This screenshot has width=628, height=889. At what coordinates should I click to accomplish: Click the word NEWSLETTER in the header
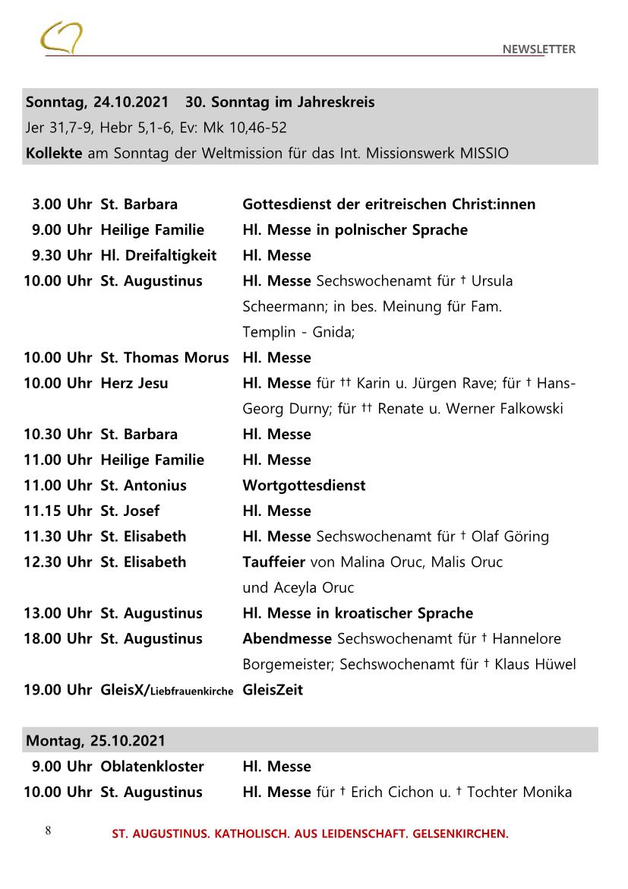pos(538,49)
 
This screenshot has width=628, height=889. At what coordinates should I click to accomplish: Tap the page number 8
pos(48,830)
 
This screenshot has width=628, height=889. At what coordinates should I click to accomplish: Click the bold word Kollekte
pos(55,153)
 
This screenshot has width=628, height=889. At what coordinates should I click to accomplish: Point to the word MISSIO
pos(484,153)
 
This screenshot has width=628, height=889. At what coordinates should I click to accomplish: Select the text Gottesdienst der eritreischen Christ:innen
pos(388,204)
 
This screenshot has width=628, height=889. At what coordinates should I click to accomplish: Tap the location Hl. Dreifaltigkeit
pos(158,255)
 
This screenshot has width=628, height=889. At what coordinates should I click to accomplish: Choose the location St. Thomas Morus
pos(164,358)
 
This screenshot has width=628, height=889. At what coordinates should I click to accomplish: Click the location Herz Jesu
pos(134,383)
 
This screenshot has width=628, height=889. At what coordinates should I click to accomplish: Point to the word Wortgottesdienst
pos(304,486)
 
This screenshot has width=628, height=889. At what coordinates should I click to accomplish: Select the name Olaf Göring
pos(510,536)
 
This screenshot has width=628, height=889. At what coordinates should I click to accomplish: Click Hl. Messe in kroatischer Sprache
pos(357,613)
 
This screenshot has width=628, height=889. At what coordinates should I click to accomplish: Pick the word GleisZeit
pos(272,690)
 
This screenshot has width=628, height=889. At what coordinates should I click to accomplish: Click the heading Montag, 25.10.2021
pos(96,740)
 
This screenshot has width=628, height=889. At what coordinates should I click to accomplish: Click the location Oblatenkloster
pos(152,767)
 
